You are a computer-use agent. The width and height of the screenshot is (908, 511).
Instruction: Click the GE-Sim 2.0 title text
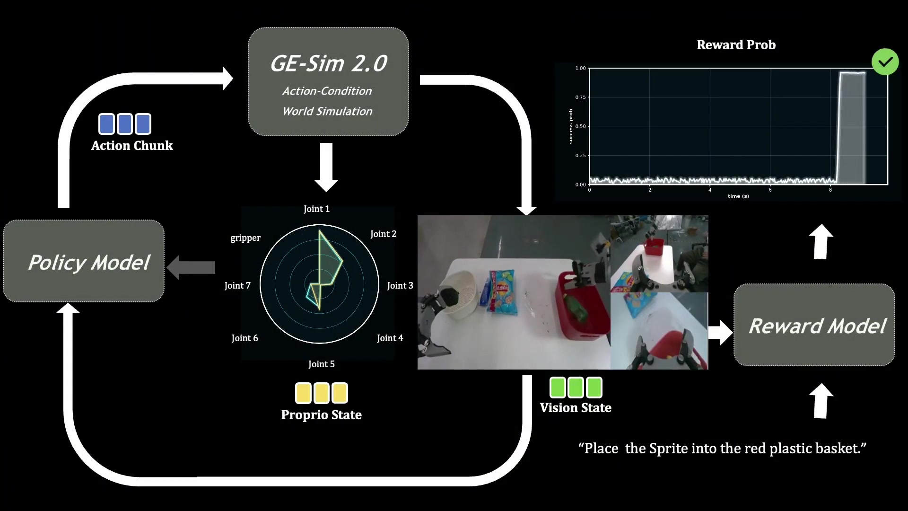[328, 63]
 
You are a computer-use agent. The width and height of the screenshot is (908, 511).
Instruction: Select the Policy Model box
[84, 261]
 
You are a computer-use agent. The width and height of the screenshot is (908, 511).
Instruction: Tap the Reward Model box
[814, 325]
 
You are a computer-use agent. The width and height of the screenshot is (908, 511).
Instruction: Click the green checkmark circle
[885, 62]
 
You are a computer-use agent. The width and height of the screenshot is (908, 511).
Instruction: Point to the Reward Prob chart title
[736, 45]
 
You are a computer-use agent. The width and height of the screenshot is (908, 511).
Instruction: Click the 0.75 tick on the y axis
[580, 97]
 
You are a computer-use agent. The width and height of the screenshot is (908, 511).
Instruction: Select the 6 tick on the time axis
[770, 190]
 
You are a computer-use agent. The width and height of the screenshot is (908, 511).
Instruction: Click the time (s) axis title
[738, 196]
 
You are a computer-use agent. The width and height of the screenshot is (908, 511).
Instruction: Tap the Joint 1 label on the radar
[316, 209]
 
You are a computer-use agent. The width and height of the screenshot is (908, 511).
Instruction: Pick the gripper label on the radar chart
[245, 238]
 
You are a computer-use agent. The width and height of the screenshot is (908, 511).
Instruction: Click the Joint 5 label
[322, 364]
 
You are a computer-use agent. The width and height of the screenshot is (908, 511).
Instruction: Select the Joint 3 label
[400, 285]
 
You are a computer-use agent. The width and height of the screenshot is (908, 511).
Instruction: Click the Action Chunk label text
[132, 146]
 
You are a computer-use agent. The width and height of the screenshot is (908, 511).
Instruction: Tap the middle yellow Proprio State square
[322, 393]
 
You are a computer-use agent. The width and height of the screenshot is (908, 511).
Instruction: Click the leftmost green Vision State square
[558, 388]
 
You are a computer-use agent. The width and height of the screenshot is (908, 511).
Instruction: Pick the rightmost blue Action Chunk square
[143, 124]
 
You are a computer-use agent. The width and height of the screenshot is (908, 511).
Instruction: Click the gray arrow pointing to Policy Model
[191, 267]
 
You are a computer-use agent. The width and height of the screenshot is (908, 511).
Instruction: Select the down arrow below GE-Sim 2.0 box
[326, 167]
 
